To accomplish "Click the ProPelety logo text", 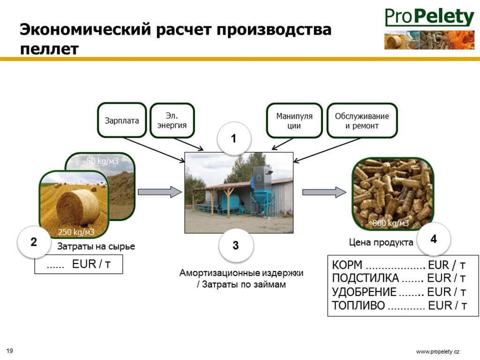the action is [429, 17].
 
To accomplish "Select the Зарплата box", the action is [122, 120].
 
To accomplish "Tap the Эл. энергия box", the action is [172, 120].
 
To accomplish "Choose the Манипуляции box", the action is [294, 120].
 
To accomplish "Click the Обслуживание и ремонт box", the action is [362, 120].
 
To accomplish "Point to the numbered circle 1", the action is [234, 138].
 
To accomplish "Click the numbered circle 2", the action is [34, 242].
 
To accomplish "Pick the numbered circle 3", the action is [236, 245].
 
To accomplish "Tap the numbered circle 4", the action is [434, 239].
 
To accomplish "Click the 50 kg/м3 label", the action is [102, 161].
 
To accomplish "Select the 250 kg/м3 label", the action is [76, 232].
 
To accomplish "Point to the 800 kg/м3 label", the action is [390, 223].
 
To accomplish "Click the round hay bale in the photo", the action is [78, 207].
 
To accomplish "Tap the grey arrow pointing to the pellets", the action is [324, 192].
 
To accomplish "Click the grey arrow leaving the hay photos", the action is [160, 192].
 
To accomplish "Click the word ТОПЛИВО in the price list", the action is [358, 306].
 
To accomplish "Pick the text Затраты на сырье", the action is [96, 247].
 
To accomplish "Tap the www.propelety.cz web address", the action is [438, 352].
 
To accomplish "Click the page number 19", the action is [9, 351].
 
